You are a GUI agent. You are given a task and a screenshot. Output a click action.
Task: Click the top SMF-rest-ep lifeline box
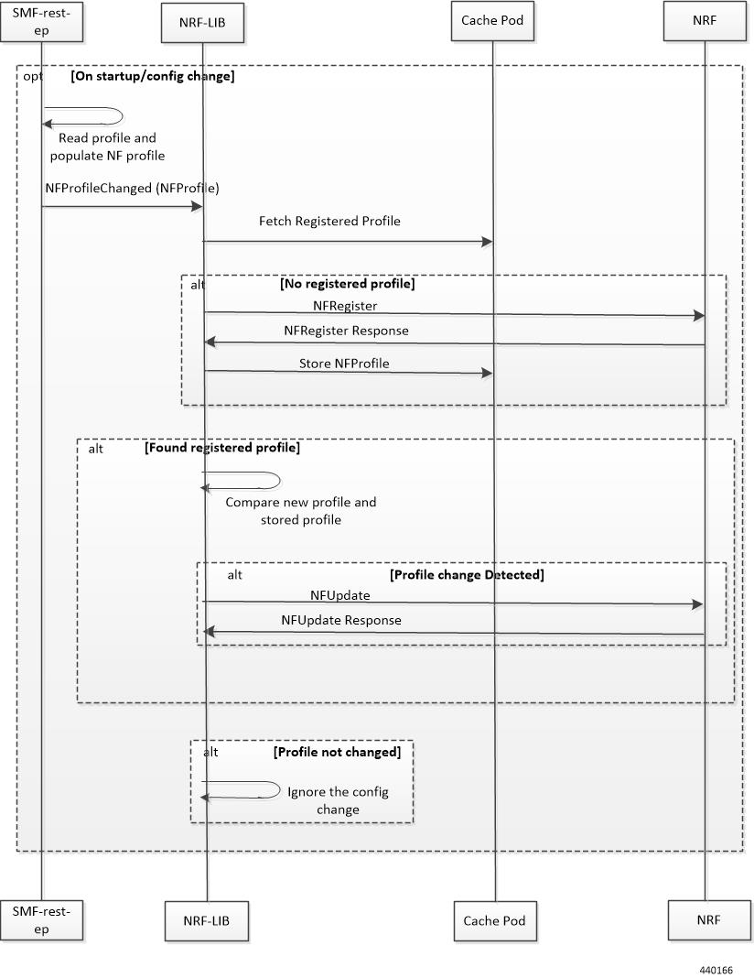pos(41,22)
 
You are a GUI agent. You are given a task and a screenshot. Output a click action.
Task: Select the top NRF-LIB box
pos(202,23)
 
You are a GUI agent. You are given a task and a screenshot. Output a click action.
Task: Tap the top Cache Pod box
pos(492,20)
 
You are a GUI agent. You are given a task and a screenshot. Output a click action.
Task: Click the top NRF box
pos(705,20)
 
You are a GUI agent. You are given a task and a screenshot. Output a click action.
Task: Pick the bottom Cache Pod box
pos(495,920)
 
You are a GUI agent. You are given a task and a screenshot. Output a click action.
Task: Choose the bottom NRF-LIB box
pos(206,920)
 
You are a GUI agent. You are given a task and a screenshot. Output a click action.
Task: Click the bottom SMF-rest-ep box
pos(41,920)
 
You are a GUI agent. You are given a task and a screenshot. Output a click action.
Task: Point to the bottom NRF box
pos(709,920)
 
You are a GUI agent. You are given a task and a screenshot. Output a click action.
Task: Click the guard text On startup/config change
pos(153,76)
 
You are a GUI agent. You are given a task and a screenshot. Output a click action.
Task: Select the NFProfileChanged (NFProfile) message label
pos(132,188)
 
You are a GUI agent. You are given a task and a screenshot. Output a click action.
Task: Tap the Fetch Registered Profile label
pos(329,221)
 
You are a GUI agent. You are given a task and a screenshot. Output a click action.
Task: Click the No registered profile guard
pos(347,284)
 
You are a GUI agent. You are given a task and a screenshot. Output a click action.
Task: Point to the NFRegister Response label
pos(347,331)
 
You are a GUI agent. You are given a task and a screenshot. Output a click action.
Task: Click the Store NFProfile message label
pos(344,364)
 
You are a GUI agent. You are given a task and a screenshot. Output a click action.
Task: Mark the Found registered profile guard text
pos(222,448)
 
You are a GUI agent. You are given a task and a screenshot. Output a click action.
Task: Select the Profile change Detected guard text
pos(467,574)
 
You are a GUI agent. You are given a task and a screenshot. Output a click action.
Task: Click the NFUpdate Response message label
pos(341,620)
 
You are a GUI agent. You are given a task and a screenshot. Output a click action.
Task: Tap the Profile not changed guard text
pos(337,752)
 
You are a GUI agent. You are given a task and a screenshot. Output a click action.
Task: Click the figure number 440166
pos(716,970)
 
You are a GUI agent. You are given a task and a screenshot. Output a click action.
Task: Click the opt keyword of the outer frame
pos(33,76)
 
